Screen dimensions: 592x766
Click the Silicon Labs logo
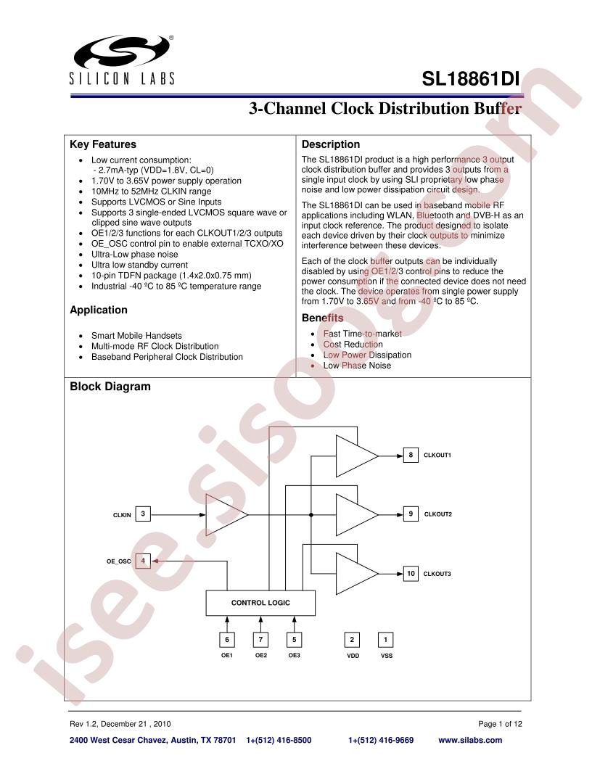tap(122, 59)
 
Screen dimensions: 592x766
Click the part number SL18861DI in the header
tap(470, 78)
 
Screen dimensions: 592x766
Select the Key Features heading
tap(103, 144)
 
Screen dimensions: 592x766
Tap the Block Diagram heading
tap(110, 387)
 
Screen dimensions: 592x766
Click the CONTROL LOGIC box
tap(260, 603)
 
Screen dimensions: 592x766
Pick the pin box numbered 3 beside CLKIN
tap(143, 514)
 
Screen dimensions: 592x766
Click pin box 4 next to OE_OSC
tap(143, 561)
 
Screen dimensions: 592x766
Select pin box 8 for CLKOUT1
tap(411, 455)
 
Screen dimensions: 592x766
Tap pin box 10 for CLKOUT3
tap(411, 574)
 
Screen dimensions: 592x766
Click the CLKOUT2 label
tap(437, 514)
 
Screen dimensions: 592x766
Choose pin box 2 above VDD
tap(352, 640)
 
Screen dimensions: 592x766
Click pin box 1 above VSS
tap(385, 640)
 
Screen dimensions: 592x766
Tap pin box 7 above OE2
tap(260, 640)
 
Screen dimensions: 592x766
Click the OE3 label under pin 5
tap(294, 655)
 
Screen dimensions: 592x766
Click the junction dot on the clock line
tap(311, 515)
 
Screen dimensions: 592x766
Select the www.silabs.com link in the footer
tap(470, 740)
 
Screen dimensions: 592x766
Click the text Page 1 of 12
tap(500, 724)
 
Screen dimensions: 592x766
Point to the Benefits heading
tap(322, 318)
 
